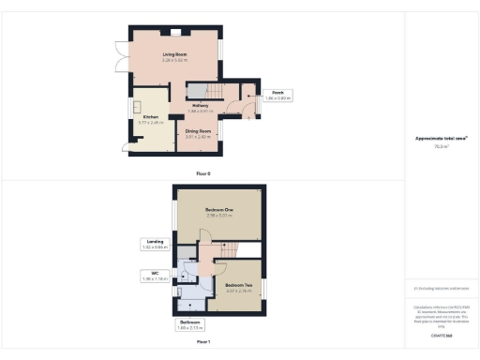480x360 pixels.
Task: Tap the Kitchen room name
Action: tap(151, 117)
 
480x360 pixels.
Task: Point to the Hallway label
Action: tap(200, 106)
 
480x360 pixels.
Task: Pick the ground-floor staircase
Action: tap(200, 90)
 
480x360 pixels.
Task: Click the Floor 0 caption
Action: tap(203, 173)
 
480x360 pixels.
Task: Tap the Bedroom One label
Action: tap(219, 208)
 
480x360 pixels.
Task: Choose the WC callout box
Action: tap(153, 277)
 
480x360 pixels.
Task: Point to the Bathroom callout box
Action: tap(190, 325)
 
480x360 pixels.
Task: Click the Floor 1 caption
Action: tap(203, 342)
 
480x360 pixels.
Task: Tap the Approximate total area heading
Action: tap(442, 139)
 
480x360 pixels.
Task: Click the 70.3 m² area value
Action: tap(442, 146)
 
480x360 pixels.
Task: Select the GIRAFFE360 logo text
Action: tap(442, 334)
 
